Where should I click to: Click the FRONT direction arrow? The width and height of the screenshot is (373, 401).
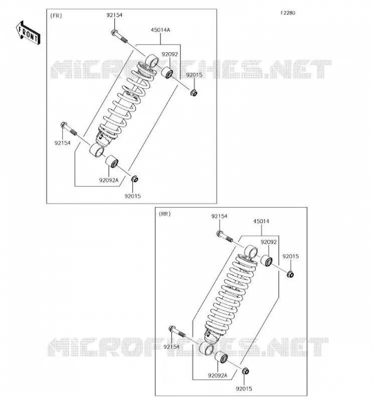(28, 33)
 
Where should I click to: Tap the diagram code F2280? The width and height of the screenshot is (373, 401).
(288, 13)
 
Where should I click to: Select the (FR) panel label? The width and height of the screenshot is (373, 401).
(56, 16)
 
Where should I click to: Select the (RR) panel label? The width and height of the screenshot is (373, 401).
(165, 214)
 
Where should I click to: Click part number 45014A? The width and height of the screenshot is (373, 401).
(160, 30)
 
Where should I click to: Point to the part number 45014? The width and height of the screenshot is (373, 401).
(261, 221)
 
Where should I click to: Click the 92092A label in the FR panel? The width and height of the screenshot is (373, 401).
(109, 180)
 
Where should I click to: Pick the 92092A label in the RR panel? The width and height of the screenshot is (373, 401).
(218, 375)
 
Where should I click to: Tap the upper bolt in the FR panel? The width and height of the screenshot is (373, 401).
(119, 36)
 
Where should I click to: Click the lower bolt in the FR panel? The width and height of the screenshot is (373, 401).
(69, 129)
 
